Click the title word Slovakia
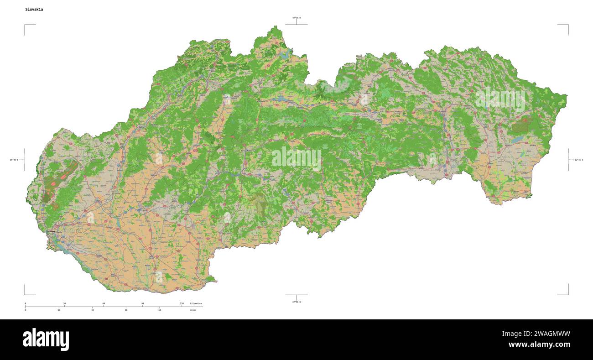35,9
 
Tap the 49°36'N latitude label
296,18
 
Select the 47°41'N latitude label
296,302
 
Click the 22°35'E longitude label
578,160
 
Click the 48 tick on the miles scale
126,310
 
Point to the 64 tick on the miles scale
160,310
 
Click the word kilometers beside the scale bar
196,303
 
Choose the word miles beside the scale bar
193,310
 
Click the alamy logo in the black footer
46,339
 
